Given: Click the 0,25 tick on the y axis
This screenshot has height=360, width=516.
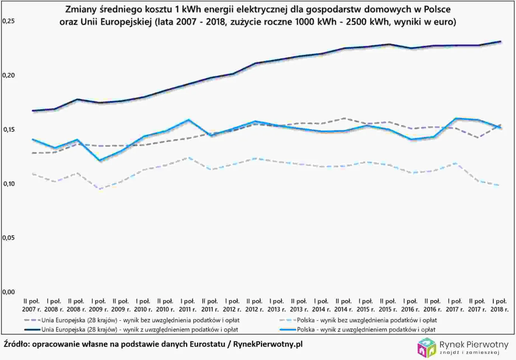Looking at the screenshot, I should [x=8, y=21].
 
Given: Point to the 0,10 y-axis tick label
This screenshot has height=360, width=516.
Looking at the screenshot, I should [x=8, y=184].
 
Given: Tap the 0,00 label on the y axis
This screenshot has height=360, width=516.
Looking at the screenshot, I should [x=8, y=292].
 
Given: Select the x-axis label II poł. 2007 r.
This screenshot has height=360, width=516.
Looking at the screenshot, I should [x=31, y=305].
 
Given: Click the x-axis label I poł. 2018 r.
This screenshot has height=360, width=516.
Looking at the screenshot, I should [x=499, y=305].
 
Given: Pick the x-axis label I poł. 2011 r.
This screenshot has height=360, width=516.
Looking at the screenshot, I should [x=188, y=305].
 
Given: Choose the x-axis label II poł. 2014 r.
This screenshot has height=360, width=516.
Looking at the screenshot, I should [x=344, y=305].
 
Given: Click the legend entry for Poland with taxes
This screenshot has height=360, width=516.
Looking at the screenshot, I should [x=366, y=329].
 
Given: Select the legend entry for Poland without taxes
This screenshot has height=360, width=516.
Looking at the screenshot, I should [x=367, y=320].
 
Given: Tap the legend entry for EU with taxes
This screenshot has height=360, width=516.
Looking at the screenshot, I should [x=139, y=329].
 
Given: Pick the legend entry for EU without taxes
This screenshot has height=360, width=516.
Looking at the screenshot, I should [x=140, y=320].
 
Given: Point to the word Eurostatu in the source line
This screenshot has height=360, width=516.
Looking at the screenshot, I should [x=207, y=344].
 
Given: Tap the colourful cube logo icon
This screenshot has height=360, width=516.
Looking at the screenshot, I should [x=426, y=347].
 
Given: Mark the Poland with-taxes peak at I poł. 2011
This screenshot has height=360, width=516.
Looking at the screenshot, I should [x=189, y=119].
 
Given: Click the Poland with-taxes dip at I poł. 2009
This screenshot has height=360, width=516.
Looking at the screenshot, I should [x=100, y=160].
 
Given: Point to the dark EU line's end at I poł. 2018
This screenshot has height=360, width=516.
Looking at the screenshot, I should [x=500, y=42].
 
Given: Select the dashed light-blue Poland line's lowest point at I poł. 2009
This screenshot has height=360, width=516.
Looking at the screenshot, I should [x=100, y=189].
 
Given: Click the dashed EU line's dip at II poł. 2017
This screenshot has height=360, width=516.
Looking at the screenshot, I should [x=478, y=138].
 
